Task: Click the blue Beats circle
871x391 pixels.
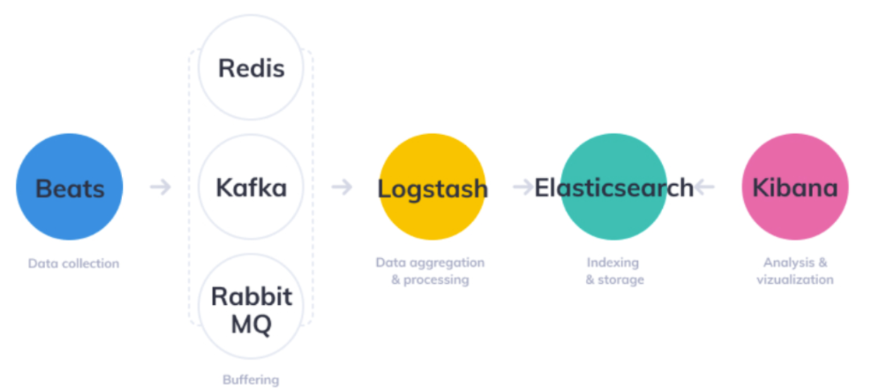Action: tap(69, 187)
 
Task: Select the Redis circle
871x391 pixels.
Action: tap(251, 68)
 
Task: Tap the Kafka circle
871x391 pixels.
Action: tap(251, 188)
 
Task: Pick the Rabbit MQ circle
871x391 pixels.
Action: tap(251, 307)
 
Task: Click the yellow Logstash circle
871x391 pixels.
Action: tap(432, 187)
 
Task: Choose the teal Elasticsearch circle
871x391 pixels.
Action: tap(613, 187)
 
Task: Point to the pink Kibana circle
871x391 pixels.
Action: tap(795, 187)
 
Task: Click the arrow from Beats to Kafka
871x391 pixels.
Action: tap(161, 187)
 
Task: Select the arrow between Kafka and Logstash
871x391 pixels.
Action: tap(342, 187)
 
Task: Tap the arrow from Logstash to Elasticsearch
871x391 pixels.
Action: tap(523, 187)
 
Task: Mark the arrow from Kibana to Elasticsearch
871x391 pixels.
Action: tap(704, 187)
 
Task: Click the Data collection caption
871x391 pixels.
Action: tap(73, 264)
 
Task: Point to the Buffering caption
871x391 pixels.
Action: tap(251, 380)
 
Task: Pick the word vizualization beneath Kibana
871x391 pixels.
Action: tap(795, 279)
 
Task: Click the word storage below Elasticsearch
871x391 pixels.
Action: tap(621, 279)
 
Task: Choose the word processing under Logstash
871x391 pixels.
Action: tap(436, 279)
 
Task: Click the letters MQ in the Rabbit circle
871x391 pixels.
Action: tap(251, 325)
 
